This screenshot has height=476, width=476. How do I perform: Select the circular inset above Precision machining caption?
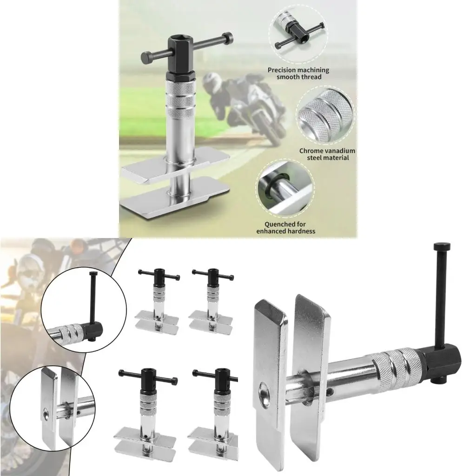[297, 34]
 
